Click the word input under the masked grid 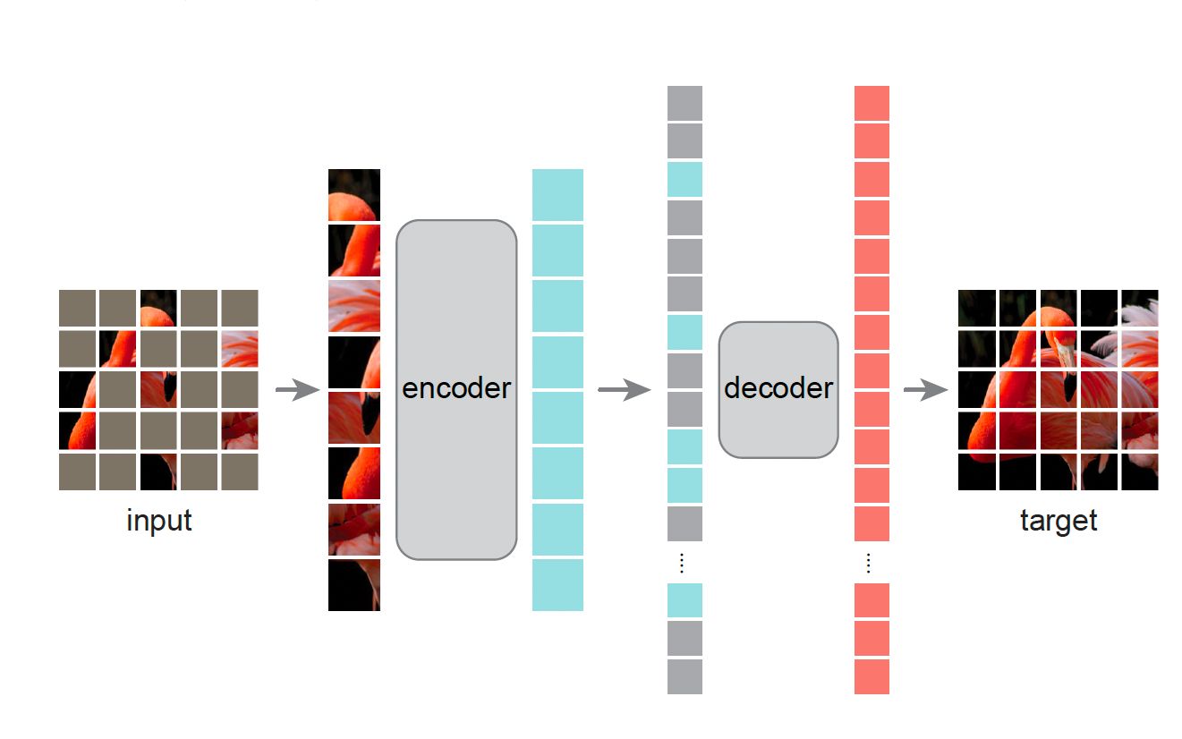[x=159, y=521]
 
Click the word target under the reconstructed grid [x=1058, y=521]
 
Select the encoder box [x=456, y=389]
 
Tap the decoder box [x=778, y=389]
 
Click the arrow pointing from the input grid [x=297, y=390]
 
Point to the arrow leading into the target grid [x=925, y=390]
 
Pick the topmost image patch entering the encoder [x=354, y=195]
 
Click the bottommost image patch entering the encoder [x=354, y=585]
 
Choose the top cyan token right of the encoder [x=557, y=195]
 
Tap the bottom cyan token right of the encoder [x=557, y=585]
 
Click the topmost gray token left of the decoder [x=685, y=104]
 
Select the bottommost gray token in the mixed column [x=685, y=676]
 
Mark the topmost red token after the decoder [x=872, y=104]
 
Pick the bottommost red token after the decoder [x=872, y=676]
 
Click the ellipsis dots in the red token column [x=868, y=563]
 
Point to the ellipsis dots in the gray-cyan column [x=681, y=563]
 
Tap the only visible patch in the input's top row [x=158, y=308]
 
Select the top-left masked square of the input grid [x=77, y=308]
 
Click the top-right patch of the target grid [x=1139, y=308]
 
